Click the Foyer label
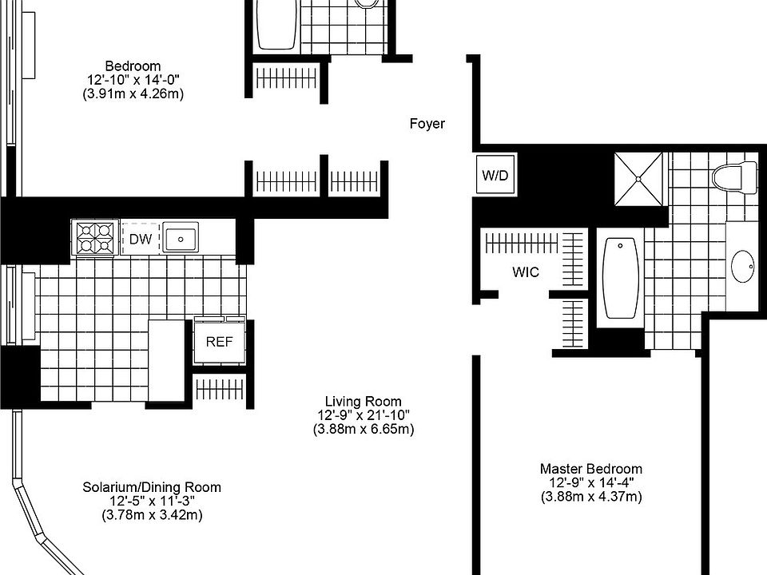pos(427,124)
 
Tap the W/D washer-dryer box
pos(495,175)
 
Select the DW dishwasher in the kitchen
pos(141,239)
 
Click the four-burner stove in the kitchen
pos(95,238)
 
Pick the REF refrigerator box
pos(218,341)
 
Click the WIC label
pos(526,272)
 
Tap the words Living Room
pos(363,401)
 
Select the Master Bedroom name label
pos(590,469)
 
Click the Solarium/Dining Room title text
pos(152,487)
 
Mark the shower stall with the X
pos(638,176)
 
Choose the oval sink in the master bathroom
pos(744,266)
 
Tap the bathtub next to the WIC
pos(621,278)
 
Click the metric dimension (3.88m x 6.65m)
pos(364,430)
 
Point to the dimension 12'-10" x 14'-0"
pos(133,80)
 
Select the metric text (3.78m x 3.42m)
pos(152,515)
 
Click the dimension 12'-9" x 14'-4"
pos(590,482)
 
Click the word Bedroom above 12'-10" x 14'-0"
pos(133,65)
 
